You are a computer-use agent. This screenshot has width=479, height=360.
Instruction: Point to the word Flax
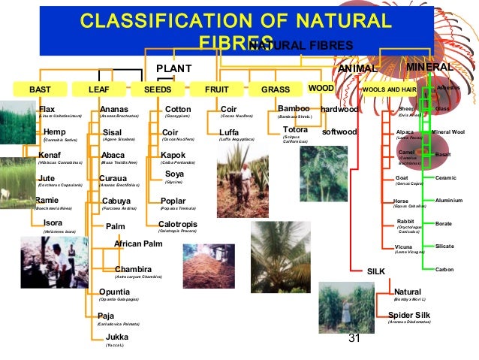[x=47, y=109]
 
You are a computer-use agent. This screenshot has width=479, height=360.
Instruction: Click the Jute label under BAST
[x=46, y=178]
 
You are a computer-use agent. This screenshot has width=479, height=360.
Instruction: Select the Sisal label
[x=112, y=132]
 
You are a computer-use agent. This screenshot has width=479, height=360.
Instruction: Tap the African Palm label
[x=138, y=244]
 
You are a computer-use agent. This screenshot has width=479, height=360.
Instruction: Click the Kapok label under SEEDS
[x=173, y=156]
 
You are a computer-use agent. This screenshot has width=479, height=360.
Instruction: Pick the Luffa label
[x=229, y=132]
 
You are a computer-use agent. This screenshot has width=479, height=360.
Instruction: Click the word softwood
[x=339, y=132]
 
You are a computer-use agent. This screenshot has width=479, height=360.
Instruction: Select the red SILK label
[x=375, y=271]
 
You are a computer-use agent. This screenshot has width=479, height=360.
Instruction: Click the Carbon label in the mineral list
[x=444, y=269]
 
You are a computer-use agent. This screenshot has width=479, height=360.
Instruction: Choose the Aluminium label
[x=449, y=201]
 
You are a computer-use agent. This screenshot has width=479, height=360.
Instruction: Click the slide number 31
[x=354, y=339]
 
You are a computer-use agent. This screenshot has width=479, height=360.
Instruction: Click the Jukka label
[x=117, y=337]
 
